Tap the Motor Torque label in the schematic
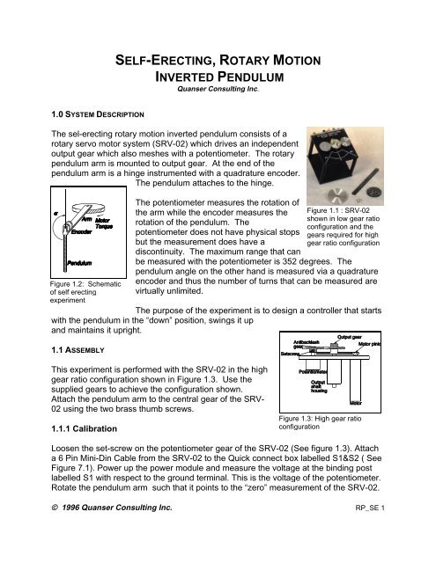point(107,227)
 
